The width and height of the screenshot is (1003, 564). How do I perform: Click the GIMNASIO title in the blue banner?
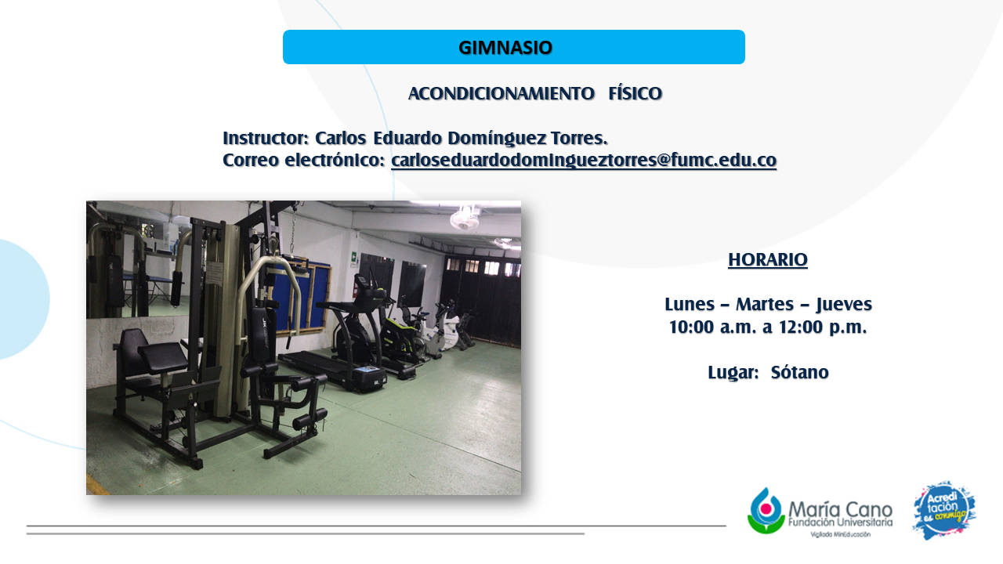505,48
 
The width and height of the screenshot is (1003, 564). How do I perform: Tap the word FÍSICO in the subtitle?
635,93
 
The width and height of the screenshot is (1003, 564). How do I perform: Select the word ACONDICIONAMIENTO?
501,93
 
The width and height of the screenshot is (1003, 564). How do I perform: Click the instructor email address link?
584,161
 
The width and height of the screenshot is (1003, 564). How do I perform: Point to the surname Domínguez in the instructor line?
497,139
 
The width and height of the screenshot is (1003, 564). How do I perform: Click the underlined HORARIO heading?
767,259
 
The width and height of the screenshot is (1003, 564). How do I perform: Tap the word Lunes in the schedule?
690,305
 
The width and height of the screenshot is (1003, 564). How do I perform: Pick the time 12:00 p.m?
823,327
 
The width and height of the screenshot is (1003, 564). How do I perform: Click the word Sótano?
800,372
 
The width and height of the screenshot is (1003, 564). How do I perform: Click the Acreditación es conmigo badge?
944,510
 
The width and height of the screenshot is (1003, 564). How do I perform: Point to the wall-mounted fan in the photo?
465,218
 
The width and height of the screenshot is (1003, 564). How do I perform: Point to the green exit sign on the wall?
353,258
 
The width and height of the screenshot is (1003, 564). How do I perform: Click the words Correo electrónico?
303,161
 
